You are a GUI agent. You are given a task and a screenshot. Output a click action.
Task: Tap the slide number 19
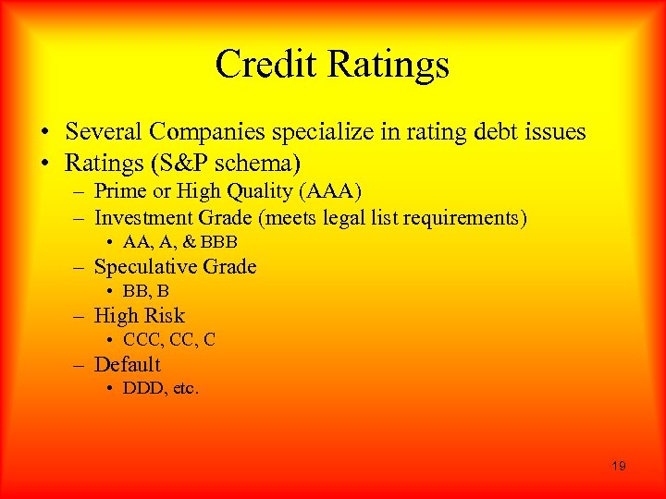point(618,466)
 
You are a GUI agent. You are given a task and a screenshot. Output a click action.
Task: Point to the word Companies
point(200,132)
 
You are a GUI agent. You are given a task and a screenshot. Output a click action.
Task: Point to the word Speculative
point(150,267)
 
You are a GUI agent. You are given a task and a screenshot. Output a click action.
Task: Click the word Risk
point(162,316)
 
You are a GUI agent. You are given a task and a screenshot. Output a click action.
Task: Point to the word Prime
point(117,191)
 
